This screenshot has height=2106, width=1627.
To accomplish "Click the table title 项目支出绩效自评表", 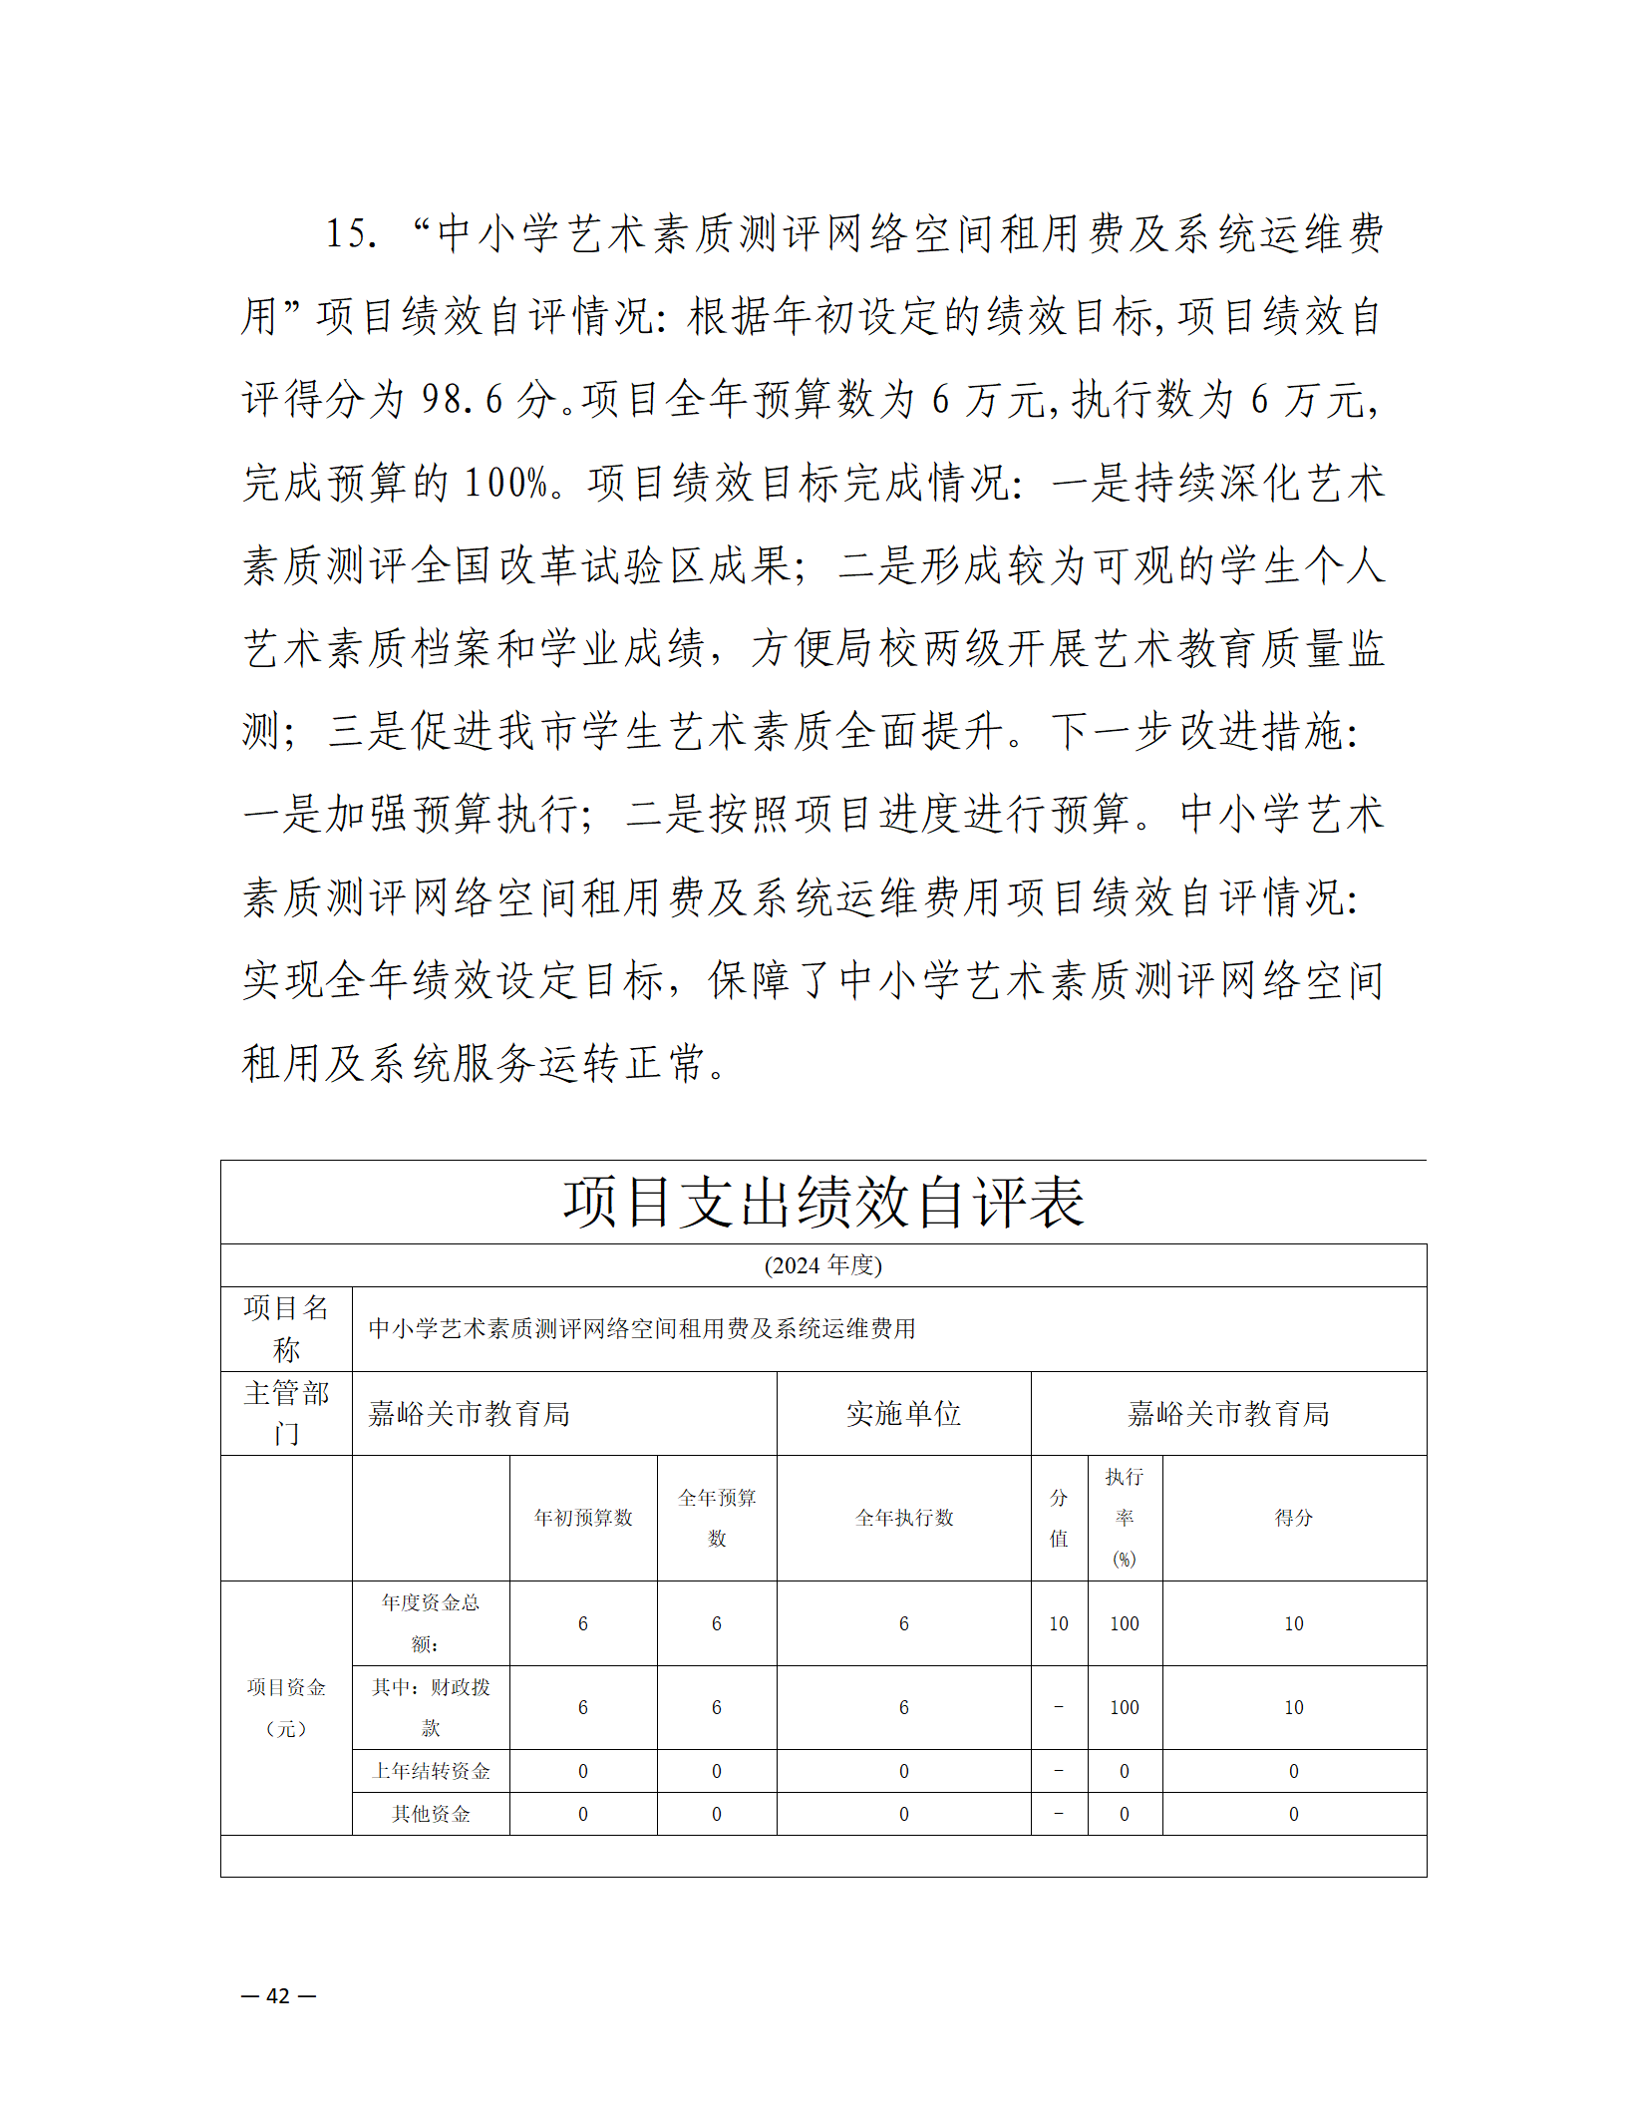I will [823, 1202].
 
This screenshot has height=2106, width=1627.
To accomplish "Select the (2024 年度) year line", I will [823, 1265].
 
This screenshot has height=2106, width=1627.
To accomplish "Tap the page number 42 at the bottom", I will [278, 1995].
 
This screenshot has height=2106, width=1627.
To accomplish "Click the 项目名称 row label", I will [286, 1328].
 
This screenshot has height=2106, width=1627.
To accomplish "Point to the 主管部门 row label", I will [286, 1413].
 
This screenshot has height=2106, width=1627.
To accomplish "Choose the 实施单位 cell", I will [903, 1413].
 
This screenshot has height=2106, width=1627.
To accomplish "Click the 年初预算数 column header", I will [583, 1518].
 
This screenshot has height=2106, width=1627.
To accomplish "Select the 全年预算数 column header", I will [717, 1518].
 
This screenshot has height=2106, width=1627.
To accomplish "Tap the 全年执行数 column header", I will [903, 1518].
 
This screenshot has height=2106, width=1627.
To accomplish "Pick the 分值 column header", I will [1059, 1518].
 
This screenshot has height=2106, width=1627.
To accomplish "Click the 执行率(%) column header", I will [1125, 1518].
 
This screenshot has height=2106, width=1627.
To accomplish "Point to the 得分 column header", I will [1294, 1518].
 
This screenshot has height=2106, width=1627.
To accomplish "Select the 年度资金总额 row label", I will [431, 1622].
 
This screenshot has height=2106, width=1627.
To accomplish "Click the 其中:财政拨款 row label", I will [431, 1706].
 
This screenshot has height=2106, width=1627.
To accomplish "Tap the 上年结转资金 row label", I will [431, 1771].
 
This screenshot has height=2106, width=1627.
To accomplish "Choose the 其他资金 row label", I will [431, 1814].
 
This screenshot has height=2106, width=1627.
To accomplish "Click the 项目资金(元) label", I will [286, 1707].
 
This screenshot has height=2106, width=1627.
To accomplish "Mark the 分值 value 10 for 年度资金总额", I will [1059, 1623].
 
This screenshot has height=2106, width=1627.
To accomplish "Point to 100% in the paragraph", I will [507, 483].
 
